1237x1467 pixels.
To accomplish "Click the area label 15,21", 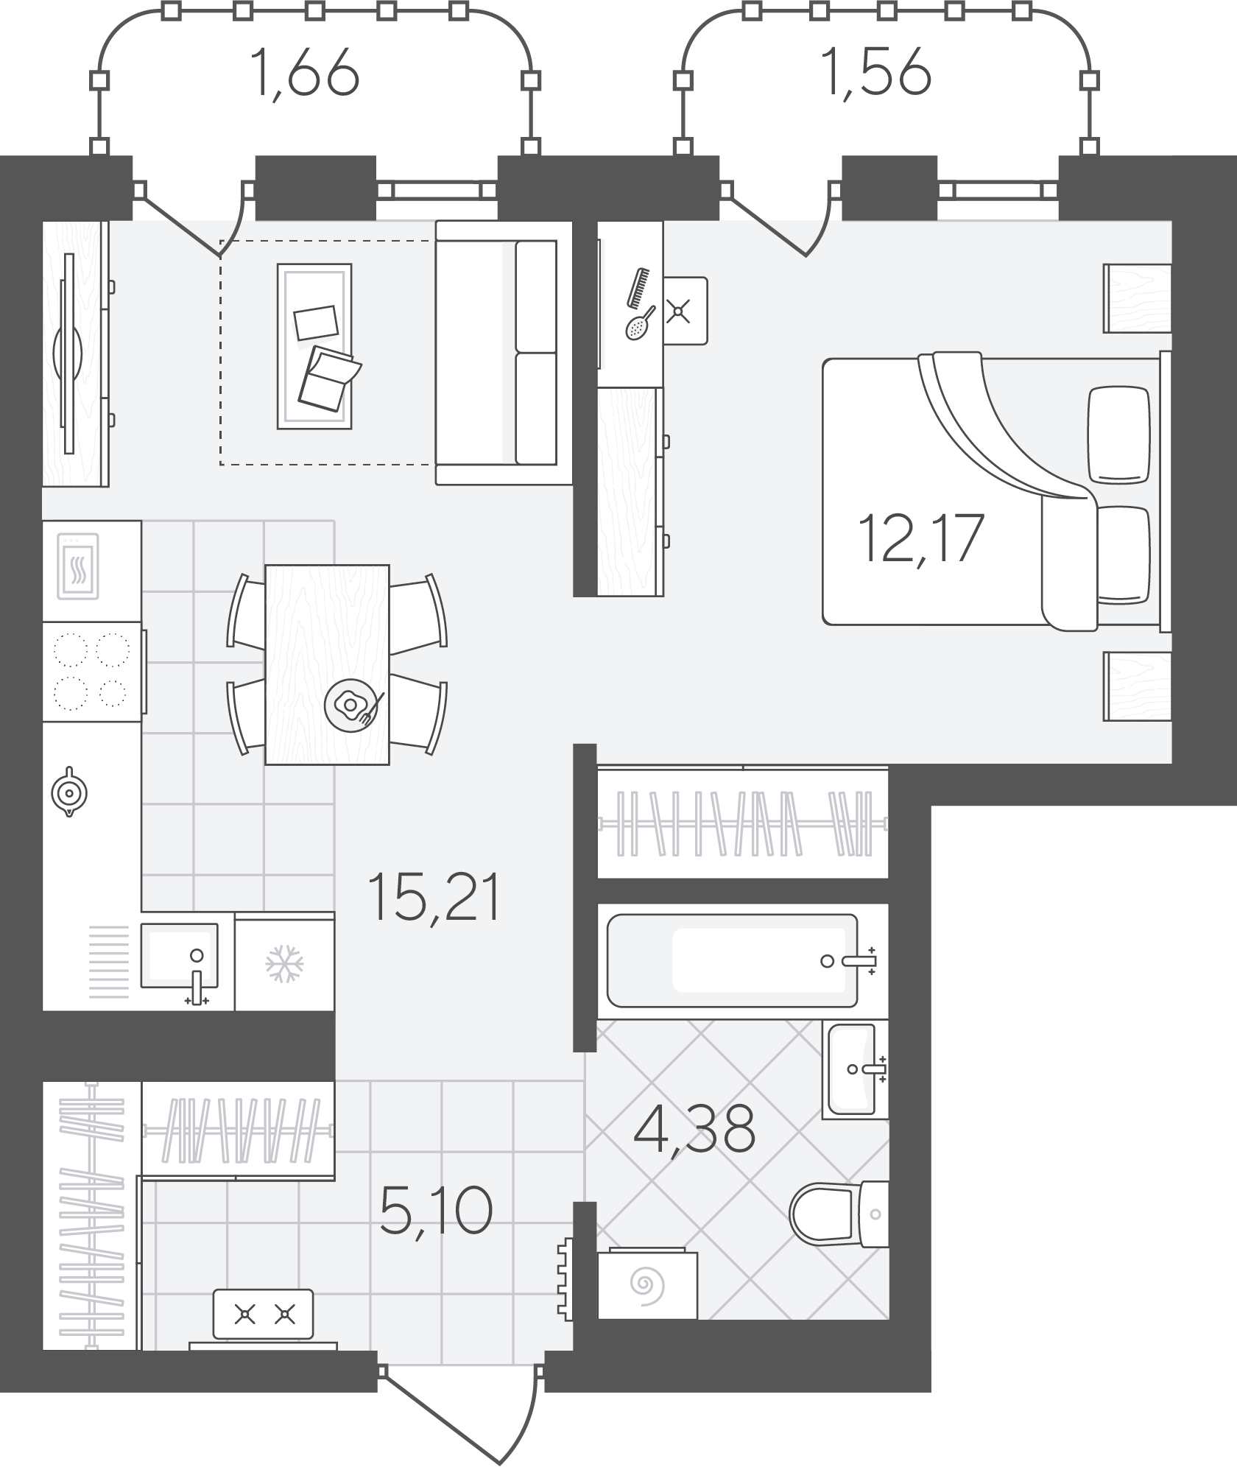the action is tap(436, 896).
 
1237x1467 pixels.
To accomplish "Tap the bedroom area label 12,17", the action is tap(921, 538).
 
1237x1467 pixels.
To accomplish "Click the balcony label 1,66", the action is tap(304, 73).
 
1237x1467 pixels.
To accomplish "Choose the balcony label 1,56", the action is tap(878, 73).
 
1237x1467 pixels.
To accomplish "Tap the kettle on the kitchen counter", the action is tap(68, 792).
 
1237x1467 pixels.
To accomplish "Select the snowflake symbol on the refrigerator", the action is tap(285, 963).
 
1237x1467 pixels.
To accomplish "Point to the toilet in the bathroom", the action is tap(838, 1212).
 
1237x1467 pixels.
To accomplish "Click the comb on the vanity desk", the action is tap(639, 287).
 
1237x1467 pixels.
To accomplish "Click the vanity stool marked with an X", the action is tap(685, 311).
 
